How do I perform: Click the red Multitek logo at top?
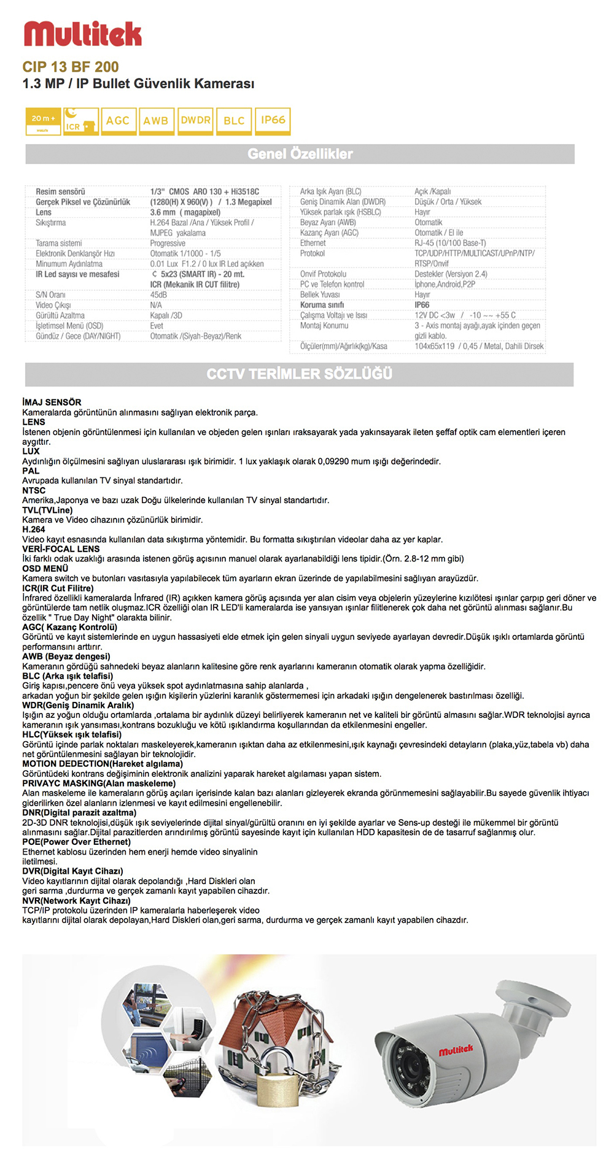(x=82, y=34)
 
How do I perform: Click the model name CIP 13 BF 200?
(x=71, y=67)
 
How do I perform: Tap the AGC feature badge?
(x=118, y=121)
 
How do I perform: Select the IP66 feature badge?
(x=273, y=120)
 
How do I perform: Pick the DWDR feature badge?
(x=196, y=120)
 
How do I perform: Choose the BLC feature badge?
(x=234, y=121)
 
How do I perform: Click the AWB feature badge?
(x=156, y=121)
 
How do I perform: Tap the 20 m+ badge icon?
(x=43, y=120)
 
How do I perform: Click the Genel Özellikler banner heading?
(x=300, y=154)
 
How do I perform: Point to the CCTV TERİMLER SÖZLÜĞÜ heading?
(x=299, y=374)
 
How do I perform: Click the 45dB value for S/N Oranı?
(x=158, y=295)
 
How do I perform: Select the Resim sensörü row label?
(x=60, y=192)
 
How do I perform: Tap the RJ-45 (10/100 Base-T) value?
(x=450, y=243)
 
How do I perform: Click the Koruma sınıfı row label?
(x=322, y=305)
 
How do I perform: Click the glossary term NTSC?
(x=34, y=491)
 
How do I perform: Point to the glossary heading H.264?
(x=34, y=529)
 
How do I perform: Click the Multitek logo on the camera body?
(x=456, y=1050)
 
